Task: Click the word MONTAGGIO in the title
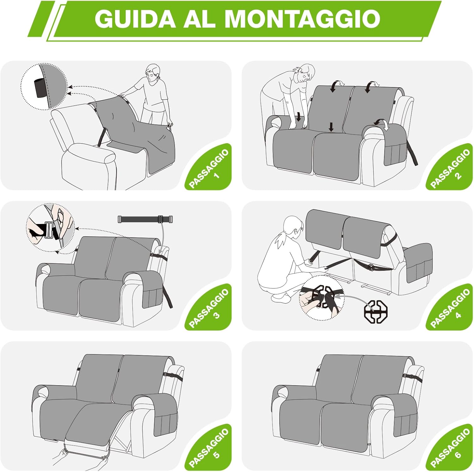[x=302, y=19]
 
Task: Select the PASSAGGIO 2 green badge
[x=451, y=169]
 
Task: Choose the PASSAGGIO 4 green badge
[x=451, y=309]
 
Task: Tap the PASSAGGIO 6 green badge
[x=451, y=449]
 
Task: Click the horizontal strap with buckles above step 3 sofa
[x=145, y=219]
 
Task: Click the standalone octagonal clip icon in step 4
[x=376, y=311]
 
